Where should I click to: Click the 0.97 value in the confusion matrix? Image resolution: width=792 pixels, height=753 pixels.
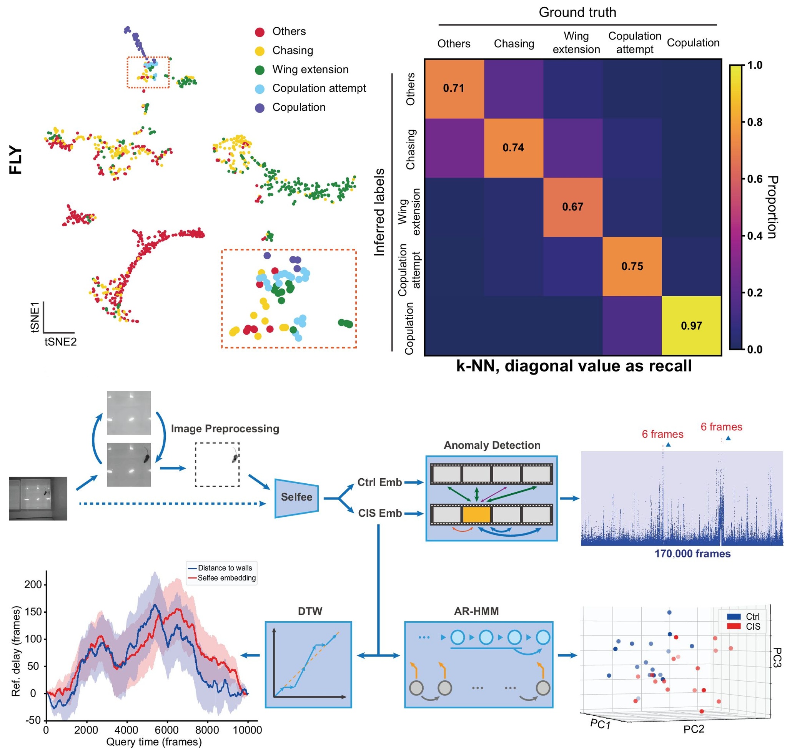[x=691, y=325]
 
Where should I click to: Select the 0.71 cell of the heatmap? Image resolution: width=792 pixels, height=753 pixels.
[x=453, y=88]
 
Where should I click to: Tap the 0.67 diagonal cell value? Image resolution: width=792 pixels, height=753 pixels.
[x=572, y=207]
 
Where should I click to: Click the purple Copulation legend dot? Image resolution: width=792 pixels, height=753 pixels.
[x=260, y=108]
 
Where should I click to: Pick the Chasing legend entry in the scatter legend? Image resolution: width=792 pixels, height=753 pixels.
[x=292, y=51]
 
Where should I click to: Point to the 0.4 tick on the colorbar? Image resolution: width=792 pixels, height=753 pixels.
[x=755, y=236]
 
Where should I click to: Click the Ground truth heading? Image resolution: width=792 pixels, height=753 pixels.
[x=577, y=12]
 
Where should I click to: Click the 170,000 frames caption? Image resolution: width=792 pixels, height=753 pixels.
[x=692, y=554]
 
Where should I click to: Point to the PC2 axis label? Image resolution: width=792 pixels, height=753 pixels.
[x=694, y=729]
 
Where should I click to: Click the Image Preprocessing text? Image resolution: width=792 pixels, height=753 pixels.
[x=225, y=429]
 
